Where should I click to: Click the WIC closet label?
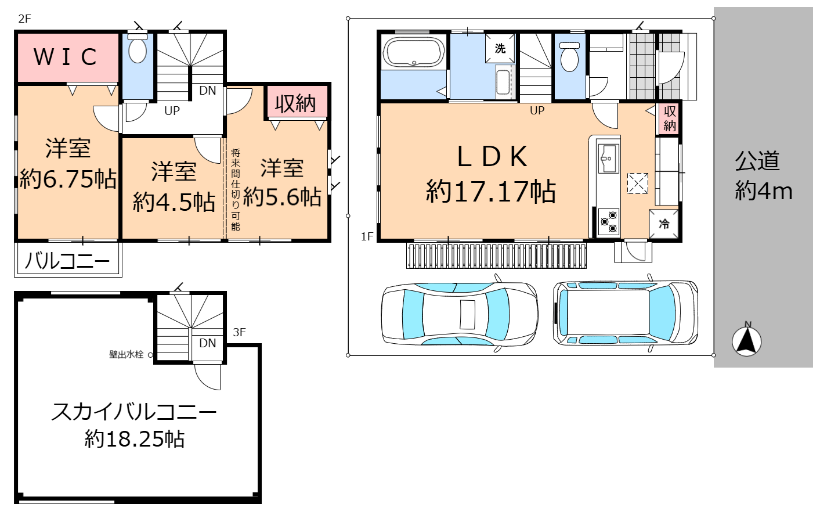[66, 57]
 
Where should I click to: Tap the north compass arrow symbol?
[746, 341]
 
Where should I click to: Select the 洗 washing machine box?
[500, 48]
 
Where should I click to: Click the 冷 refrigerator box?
[664, 224]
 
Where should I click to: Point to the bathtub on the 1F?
[414, 52]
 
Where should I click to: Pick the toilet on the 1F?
[570, 57]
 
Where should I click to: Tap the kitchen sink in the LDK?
[608, 158]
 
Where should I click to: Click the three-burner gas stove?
[608, 222]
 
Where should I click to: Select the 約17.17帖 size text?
[491, 191]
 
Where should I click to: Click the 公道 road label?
[757, 161]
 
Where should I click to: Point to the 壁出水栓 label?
[127, 354]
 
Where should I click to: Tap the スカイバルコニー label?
[134, 411]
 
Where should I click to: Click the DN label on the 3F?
[208, 343]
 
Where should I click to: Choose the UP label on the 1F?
[537, 110]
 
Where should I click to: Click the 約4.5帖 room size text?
[174, 202]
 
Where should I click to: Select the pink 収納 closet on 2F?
[296, 102]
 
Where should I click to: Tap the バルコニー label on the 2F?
[67, 261]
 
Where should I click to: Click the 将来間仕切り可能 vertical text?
[236, 190]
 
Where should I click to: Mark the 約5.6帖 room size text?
[282, 197]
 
